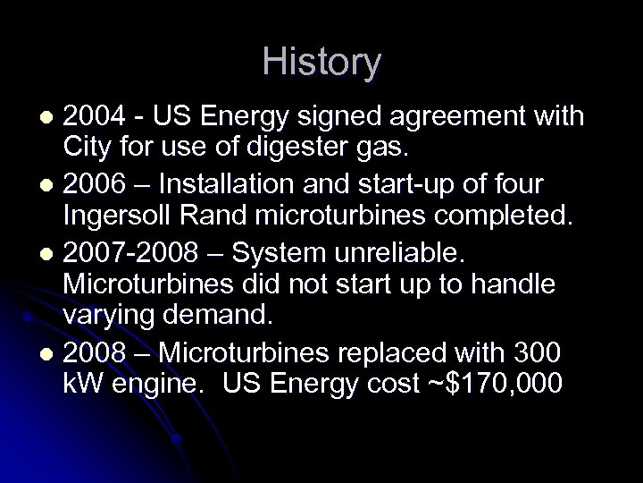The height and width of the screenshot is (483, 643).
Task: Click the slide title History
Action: [x=321, y=63]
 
